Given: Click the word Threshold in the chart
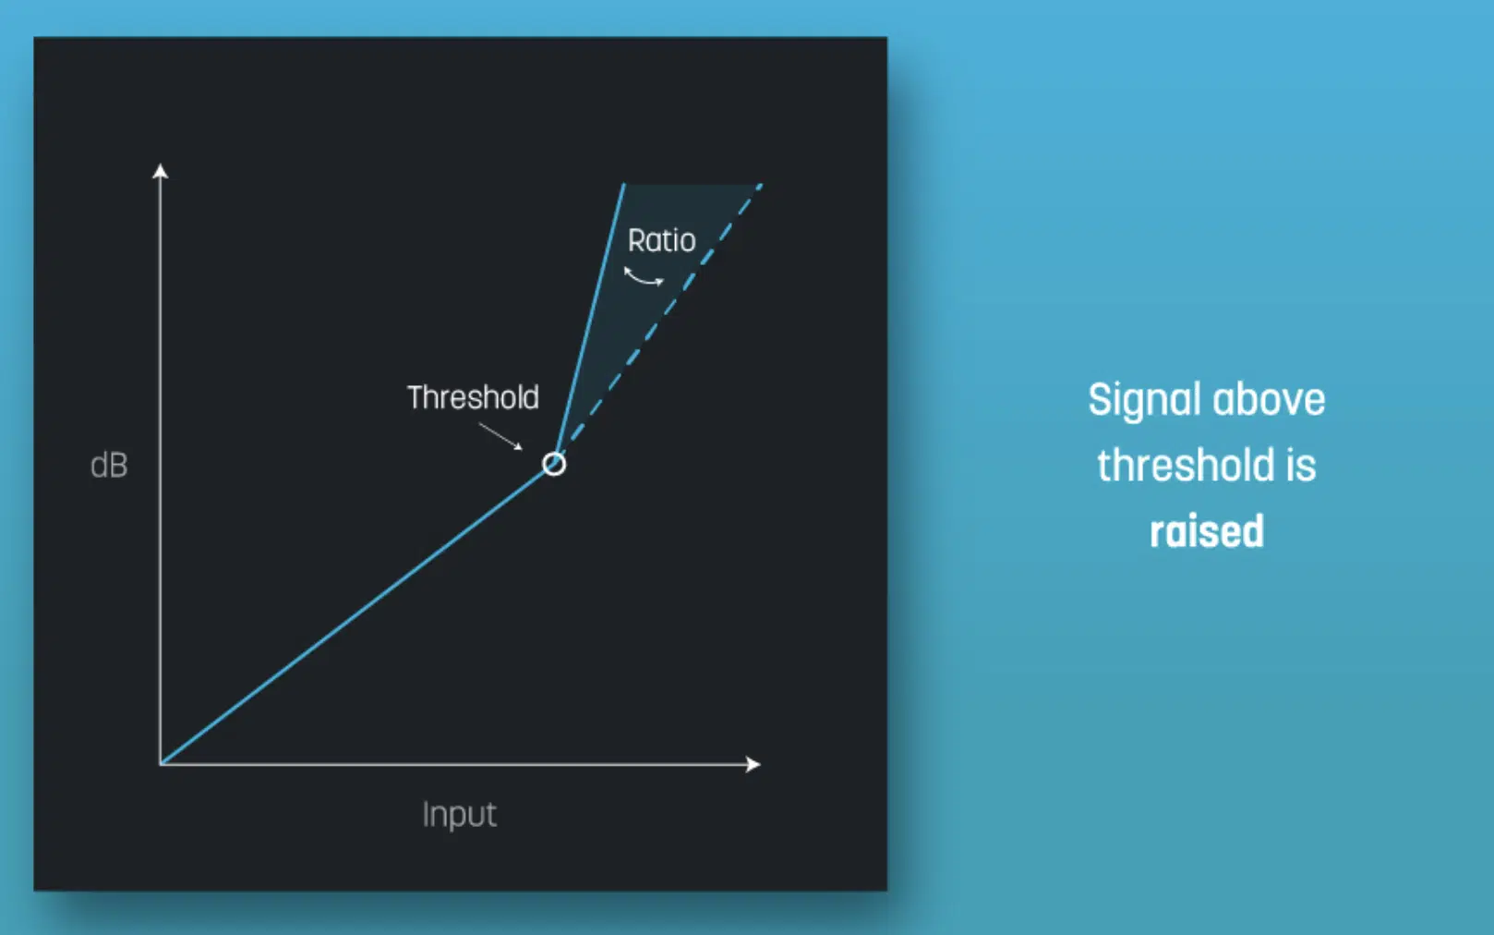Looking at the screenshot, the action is coord(473,398).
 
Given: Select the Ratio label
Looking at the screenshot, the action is coord(662,240).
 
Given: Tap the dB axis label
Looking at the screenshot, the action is coord(109,465).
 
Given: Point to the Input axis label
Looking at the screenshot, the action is coord(460,815).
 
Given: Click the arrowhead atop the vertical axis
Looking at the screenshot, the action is coord(160,171).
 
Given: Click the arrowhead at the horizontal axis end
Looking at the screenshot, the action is coord(753,764).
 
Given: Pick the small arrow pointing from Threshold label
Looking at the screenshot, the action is coord(500,436).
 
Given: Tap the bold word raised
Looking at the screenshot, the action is coord(1207,531).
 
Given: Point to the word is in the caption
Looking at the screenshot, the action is coord(1301,465).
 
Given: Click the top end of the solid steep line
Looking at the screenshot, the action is coord(624,184).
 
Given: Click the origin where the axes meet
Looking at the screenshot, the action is coord(161,764).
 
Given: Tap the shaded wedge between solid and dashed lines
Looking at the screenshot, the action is coord(660,280).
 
